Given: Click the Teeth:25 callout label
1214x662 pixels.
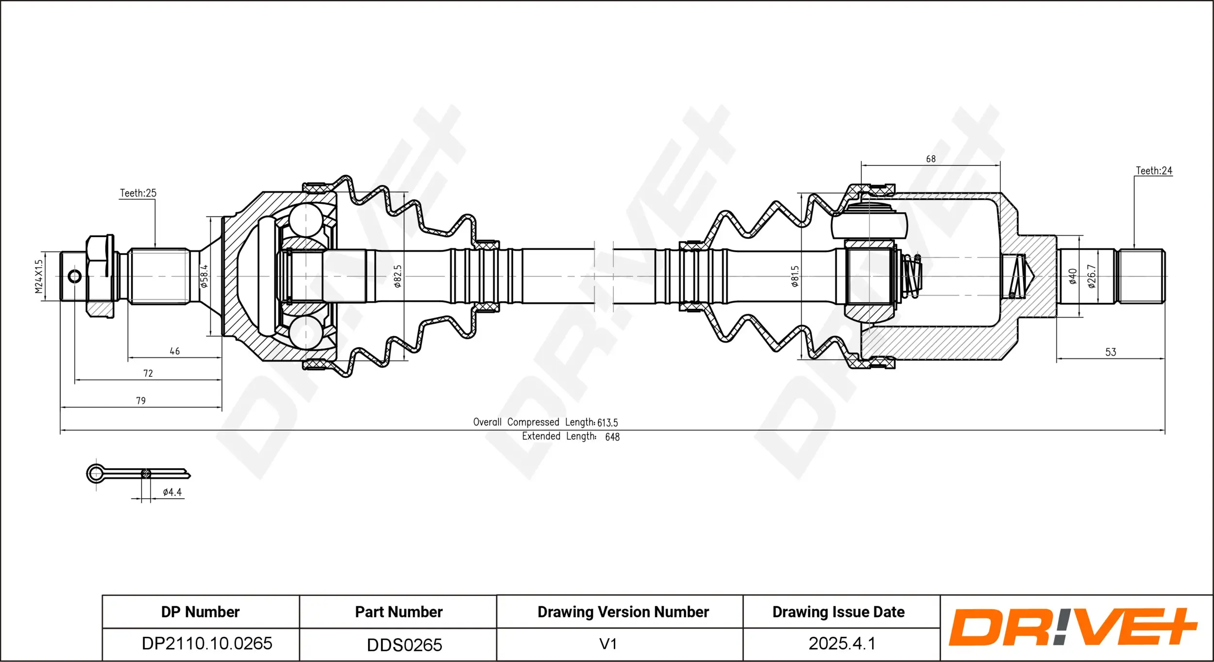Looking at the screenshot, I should click(138, 193).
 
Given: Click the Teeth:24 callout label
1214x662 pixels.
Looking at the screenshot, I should click(1153, 171).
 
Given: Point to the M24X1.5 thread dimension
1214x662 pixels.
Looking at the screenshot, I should click(39, 276).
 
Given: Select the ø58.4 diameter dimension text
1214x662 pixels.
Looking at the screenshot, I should click(204, 276).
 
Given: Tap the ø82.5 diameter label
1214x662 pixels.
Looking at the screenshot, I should click(398, 276).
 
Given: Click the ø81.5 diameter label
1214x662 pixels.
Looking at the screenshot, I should click(795, 276).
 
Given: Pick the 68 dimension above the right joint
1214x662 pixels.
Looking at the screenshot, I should click(930, 159).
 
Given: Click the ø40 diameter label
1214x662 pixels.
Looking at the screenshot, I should click(1073, 276).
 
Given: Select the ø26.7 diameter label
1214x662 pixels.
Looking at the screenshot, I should click(1092, 276).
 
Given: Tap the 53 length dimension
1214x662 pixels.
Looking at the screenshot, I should click(1111, 352).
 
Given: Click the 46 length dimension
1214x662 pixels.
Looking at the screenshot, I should click(175, 351).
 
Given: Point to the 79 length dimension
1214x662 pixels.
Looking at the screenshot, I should click(141, 401).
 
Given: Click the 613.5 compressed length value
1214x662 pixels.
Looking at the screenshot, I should click(607, 423).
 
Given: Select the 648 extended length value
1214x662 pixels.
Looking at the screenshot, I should click(612, 437).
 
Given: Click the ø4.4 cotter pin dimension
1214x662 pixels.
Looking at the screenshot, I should click(172, 492).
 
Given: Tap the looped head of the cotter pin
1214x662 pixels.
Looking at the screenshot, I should click(96, 474).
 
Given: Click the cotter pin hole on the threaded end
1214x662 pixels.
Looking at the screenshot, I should click(75, 277).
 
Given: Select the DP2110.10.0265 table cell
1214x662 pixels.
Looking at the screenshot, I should click(207, 644).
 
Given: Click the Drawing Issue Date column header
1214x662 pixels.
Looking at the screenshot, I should click(838, 612).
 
